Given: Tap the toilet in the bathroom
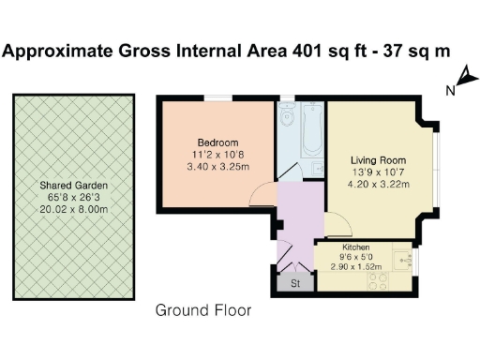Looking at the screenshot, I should [288, 115].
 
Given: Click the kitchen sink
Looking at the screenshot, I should [403, 254].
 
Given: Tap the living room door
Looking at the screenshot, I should [337, 225].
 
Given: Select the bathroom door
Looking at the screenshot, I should [292, 171].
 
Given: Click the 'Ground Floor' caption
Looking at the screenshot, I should [203, 309].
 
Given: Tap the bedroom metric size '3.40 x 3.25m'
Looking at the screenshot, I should [217, 167].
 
